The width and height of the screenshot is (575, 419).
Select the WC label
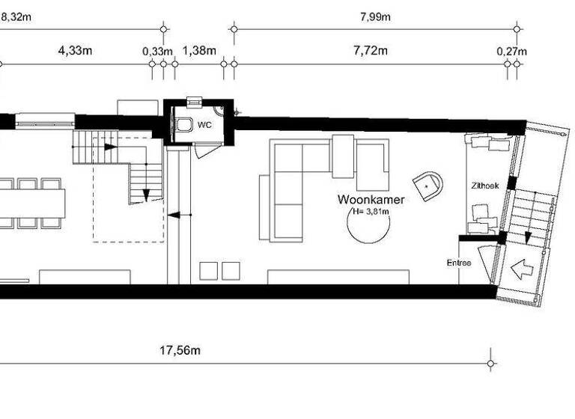[205, 125]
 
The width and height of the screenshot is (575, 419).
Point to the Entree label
[459, 263]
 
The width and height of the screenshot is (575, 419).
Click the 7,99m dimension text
[375, 16]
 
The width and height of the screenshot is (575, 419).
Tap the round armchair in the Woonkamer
[428, 185]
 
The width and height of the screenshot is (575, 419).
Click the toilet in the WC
[183, 125]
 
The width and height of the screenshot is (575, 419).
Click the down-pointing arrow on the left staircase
[146, 193]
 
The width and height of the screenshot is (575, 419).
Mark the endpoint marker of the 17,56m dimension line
[490, 364]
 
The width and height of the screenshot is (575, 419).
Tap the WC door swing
[202, 150]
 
